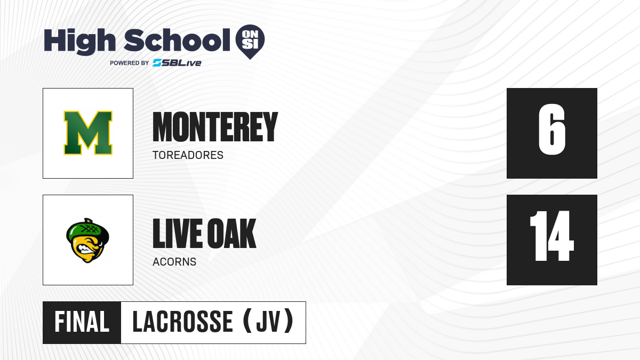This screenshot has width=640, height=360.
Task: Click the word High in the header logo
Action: click(x=79, y=41)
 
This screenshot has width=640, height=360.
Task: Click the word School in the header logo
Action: click(x=177, y=40)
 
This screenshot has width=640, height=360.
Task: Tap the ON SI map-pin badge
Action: click(x=250, y=42)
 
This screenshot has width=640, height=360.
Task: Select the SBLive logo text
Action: click(x=177, y=63)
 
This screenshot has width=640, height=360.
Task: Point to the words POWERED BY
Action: click(x=130, y=63)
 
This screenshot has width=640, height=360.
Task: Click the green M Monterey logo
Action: click(x=88, y=133)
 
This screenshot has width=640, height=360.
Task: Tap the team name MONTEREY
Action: click(x=215, y=127)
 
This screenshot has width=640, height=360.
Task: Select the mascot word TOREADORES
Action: click(x=188, y=155)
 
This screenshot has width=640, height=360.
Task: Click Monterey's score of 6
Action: click(x=551, y=129)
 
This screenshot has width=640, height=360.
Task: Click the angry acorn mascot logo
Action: click(x=87, y=241)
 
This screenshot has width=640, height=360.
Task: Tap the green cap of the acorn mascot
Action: click(x=87, y=230)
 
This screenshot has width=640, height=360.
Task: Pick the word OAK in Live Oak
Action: click(x=231, y=233)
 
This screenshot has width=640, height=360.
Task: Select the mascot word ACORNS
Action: click(x=174, y=262)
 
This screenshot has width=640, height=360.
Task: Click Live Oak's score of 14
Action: click(x=551, y=236)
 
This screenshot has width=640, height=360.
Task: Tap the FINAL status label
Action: click(x=82, y=322)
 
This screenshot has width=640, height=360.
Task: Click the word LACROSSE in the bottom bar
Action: click(x=182, y=322)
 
